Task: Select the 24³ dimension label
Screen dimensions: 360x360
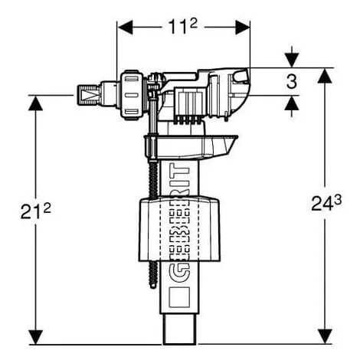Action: [x=327, y=205]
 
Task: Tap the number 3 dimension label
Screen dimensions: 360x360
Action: [x=293, y=81]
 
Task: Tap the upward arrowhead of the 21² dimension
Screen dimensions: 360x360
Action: [x=34, y=103]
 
